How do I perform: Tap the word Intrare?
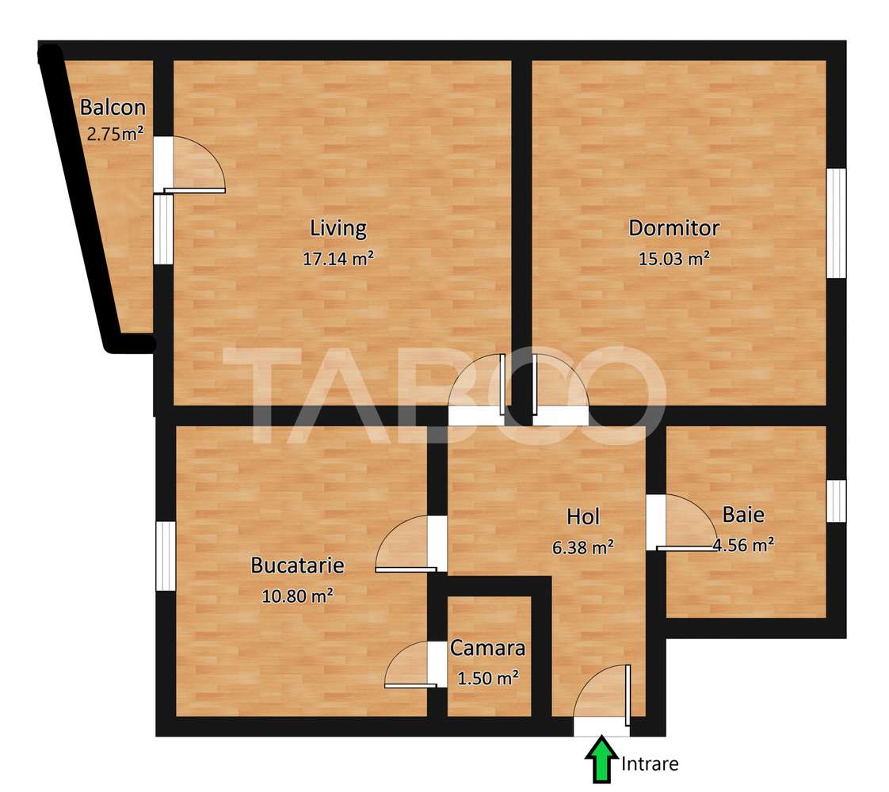coord(650,764)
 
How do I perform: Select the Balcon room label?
coord(113,108)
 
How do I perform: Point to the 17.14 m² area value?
coord(338,257)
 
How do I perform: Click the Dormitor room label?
coord(673,228)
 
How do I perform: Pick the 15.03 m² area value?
coord(673,257)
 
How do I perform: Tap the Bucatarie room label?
coord(297,565)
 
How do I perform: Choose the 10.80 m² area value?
coord(297,596)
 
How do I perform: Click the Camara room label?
coord(488,648)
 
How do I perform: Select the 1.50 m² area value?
coord(488,677)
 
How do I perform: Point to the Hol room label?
coord(583,517)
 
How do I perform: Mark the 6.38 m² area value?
coord(583,546)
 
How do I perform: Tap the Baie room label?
coord(743,515)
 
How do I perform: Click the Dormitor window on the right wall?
coord(837,223)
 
